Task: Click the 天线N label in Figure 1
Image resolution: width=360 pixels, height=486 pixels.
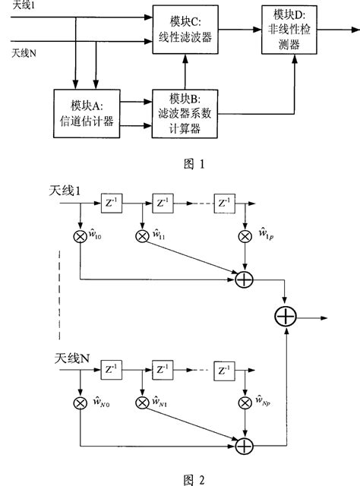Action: [x=24, y=53]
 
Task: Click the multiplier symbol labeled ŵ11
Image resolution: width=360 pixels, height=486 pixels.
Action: [x=142, y=235]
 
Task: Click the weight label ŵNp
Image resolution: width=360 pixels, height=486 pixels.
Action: [x=263, y=399]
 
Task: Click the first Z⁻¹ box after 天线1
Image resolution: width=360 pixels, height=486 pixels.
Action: [x=111, y=204]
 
